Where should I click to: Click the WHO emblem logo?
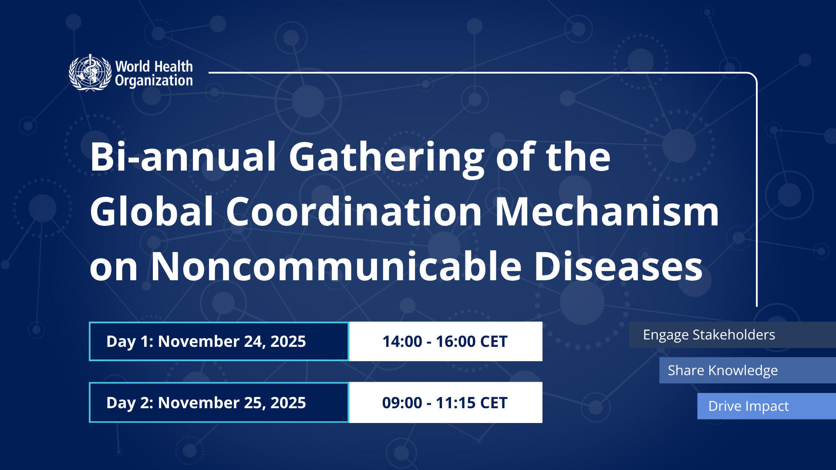point(90,73)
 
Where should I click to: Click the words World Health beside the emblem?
point(154,67)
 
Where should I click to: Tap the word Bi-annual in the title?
point(183,157)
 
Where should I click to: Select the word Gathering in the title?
point(387,159)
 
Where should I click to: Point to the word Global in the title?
point(152,211)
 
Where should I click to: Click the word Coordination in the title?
point(354,211)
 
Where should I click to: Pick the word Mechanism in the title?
point(607,211)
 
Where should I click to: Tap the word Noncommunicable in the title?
point(336,266)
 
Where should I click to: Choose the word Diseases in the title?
point(618,266)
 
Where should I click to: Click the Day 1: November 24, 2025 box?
point(219,342)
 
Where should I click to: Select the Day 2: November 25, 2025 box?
point(219,403)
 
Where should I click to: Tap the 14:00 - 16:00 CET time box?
point(446,342)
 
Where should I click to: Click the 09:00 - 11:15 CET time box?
point(446,403)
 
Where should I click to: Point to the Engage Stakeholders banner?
point(732,335)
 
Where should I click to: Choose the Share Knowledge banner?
point(748,370)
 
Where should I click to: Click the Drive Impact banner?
point(766,406)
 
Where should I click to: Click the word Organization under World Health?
point(154,81)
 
